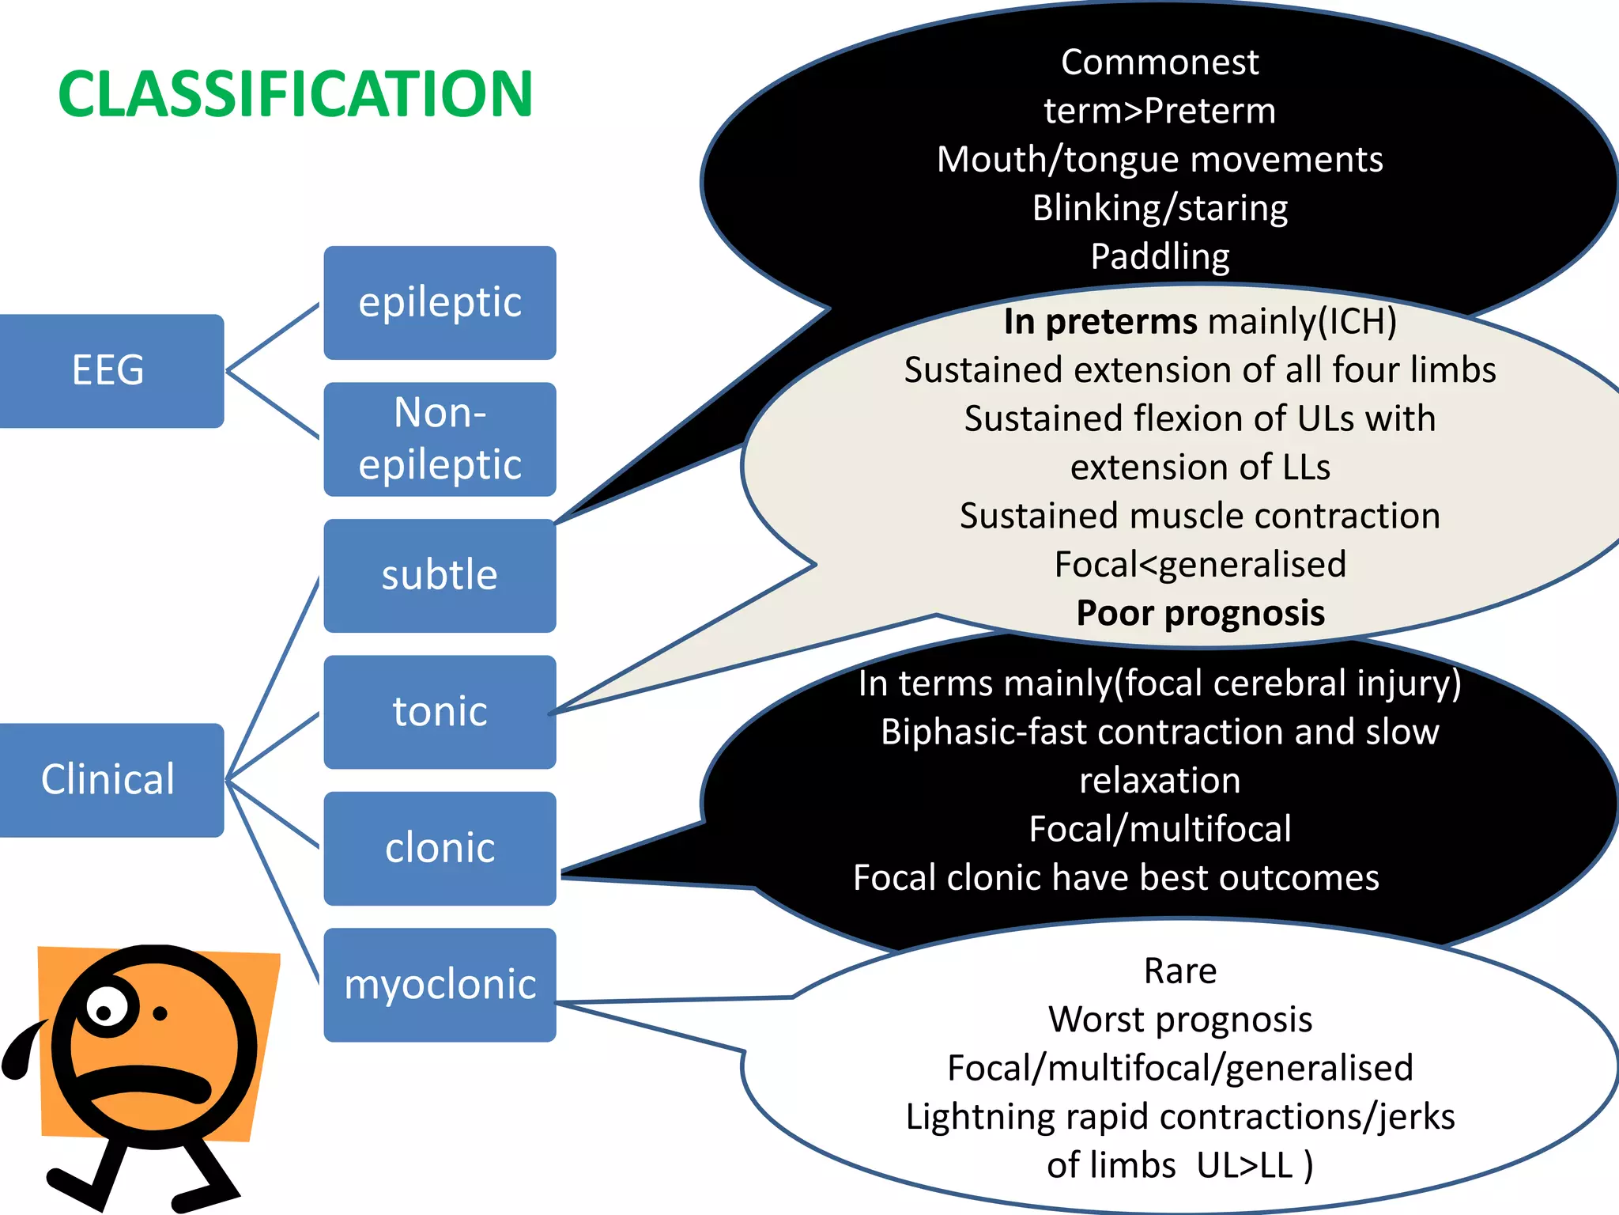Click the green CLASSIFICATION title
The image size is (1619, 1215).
(x=295, y=94)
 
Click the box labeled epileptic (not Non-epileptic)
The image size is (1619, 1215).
(x=440, y=302)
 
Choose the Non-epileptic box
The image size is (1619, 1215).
(x=440, y=439)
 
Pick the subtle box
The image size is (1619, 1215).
(x=440, y=575)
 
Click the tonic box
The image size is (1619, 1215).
(x=440, y=711)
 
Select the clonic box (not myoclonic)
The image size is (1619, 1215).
(x=440, y=848)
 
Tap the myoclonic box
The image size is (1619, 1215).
(x=440, y=984)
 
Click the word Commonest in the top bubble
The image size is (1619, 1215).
(x=1159, y=62)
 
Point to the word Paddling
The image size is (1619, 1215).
(x=1159, y=256)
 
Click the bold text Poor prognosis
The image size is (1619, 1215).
(x=1200, y=613)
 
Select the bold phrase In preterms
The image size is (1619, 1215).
(x=1100, y=322)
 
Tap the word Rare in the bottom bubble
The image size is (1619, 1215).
(x=1179, y=971)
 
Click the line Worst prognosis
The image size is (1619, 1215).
(x=1179, y=1020)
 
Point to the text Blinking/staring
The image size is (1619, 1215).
(x=1159, y=208)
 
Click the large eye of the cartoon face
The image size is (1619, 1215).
(x=106, y=1008)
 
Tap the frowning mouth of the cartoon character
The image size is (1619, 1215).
(x=150, y=1084)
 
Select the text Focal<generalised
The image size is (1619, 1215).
(x=1200, y=565)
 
